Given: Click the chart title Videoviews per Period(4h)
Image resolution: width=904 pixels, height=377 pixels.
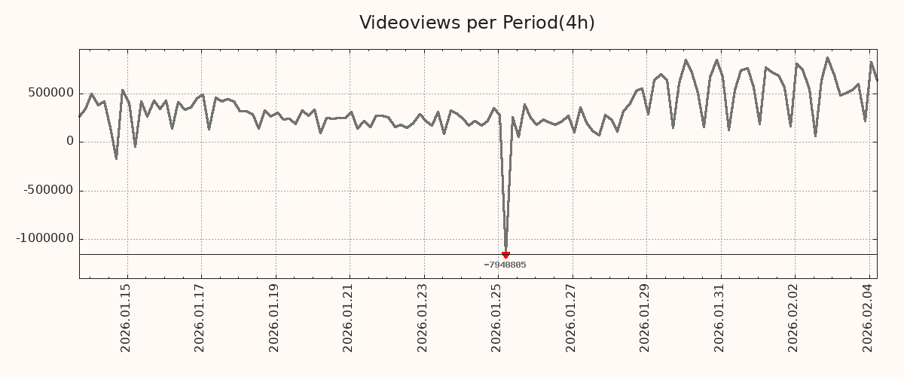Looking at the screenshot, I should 477,23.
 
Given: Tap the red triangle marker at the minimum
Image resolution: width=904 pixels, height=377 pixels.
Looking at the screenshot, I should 505,255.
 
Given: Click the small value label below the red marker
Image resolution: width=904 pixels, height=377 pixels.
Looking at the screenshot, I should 505,265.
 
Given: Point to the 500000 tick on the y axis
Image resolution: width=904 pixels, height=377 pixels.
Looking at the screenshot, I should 51,93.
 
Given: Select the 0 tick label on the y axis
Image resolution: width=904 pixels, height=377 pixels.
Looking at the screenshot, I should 70,142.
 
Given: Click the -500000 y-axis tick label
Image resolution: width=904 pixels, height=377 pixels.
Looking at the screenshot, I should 49,190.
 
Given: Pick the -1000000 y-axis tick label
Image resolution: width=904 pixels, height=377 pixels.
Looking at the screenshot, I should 46,238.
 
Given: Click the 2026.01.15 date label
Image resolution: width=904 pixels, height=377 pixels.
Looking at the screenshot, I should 127,317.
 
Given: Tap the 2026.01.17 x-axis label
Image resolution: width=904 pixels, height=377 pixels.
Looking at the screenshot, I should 200,317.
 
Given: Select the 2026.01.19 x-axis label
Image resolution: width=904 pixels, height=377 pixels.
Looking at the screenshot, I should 275,317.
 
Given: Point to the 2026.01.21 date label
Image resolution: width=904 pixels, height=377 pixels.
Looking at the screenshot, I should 349,317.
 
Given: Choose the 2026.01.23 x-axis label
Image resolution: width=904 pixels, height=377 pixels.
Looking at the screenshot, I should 423,317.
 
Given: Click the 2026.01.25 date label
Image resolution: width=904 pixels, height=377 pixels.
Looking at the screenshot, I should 497,317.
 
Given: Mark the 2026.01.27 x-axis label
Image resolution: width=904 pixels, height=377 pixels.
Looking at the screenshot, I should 571,317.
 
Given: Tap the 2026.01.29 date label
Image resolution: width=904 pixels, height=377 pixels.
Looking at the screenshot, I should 646,317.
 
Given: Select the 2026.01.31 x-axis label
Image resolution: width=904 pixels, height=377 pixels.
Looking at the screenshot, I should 719,317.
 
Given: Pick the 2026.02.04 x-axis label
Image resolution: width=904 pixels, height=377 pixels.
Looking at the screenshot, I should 868,317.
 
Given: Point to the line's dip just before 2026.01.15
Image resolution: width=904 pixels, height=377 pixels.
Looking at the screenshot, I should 116,158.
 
